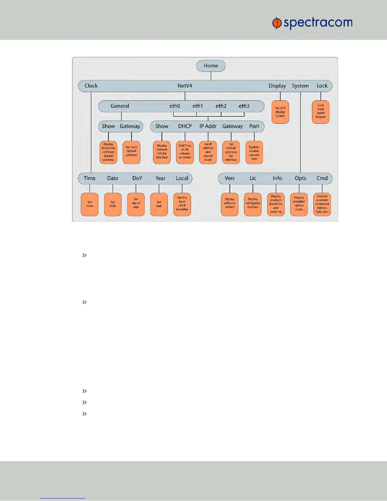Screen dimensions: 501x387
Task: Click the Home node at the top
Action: (211, 66)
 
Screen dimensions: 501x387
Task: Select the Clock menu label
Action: (91, 86)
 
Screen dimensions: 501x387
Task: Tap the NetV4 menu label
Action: (185, 86)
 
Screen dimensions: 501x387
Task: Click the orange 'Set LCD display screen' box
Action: (280, 112)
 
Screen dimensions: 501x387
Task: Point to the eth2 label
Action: (221, 106)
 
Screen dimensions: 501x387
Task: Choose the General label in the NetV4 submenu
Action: (120, 106)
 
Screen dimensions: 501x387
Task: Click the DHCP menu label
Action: (185, 126)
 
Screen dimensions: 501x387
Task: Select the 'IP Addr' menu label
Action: (208, 126)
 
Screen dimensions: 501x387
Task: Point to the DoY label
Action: (137, 178)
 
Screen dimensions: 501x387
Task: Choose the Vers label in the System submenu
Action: (230, 178)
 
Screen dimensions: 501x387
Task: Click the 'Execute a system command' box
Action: (322, 204)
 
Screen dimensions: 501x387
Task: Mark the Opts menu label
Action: (300, 178)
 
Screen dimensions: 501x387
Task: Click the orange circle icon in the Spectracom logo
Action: (277, 23)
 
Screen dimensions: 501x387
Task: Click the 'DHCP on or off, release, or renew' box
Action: (185, 152)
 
